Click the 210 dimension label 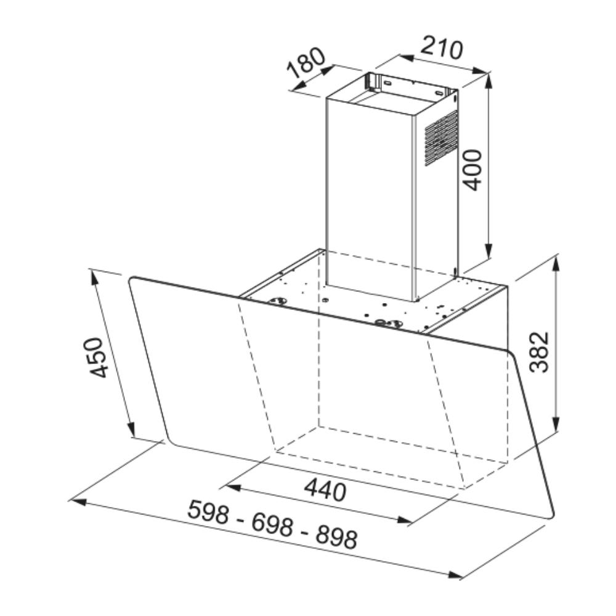pos(441,49)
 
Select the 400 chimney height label pos(472,170)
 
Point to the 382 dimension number pos(538,352)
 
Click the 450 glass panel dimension pos(96,357)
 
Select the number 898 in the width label pos(337,537)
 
